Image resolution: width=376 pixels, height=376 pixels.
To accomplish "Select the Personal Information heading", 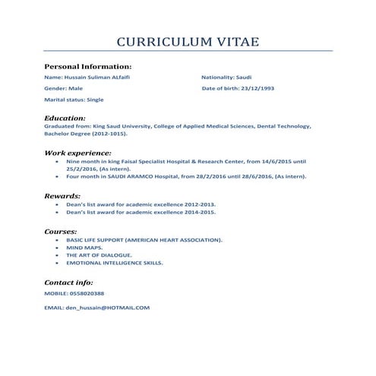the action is click(88, 66).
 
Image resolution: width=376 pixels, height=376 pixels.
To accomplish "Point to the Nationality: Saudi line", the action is click(226, 77).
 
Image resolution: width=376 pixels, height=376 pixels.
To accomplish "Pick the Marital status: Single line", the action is click(74, 100).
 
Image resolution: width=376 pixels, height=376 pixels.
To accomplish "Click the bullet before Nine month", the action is click(58, 162).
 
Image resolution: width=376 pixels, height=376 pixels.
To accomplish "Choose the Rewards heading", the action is click(62, 195).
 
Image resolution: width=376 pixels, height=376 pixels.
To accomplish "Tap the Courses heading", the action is click(61, 230).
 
